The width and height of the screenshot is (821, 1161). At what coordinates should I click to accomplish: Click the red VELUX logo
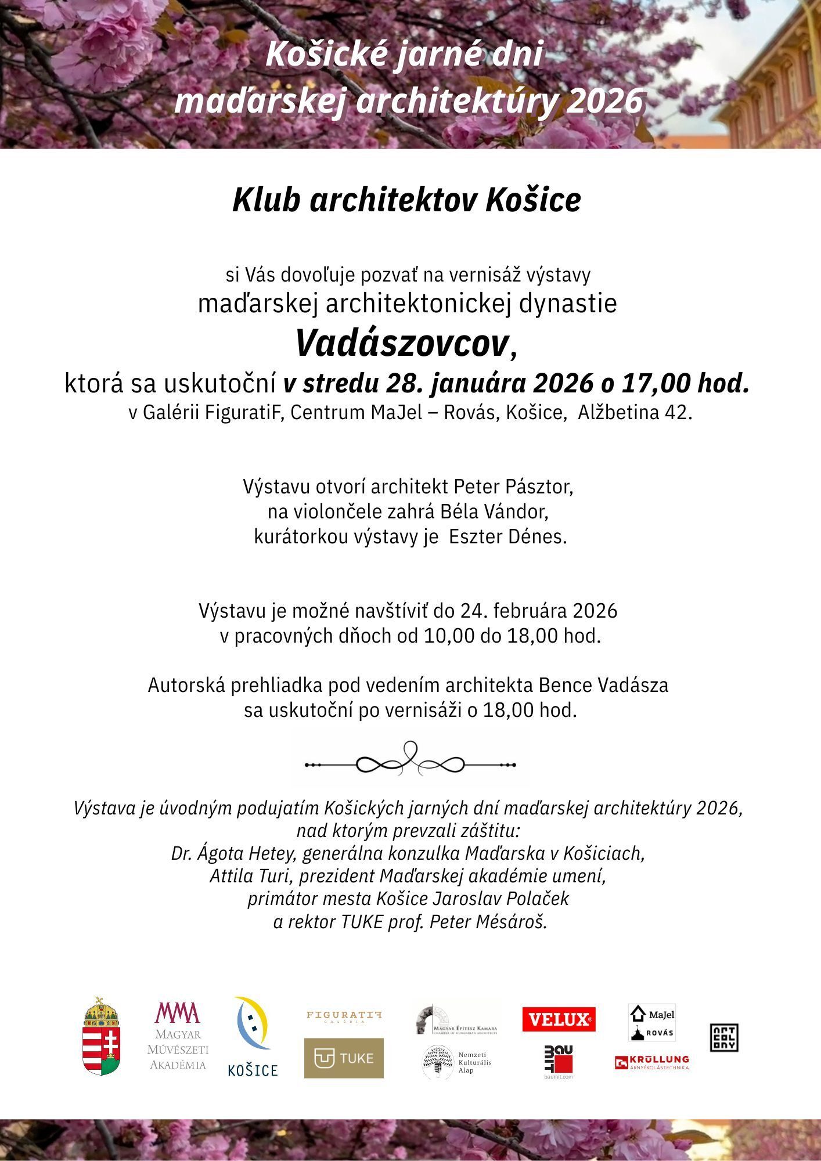559,1019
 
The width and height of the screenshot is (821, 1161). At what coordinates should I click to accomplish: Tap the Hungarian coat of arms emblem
102,1037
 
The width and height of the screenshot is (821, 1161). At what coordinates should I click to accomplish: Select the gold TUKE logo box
344,1058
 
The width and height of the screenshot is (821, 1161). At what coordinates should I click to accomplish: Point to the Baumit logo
559,1062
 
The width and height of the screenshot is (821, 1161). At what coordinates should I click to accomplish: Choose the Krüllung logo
651,1063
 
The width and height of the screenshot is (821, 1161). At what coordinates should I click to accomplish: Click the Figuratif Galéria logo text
344,1015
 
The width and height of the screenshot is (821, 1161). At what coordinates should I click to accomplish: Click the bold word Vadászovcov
402,343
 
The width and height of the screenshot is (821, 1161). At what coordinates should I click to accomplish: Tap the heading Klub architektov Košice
406,200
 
